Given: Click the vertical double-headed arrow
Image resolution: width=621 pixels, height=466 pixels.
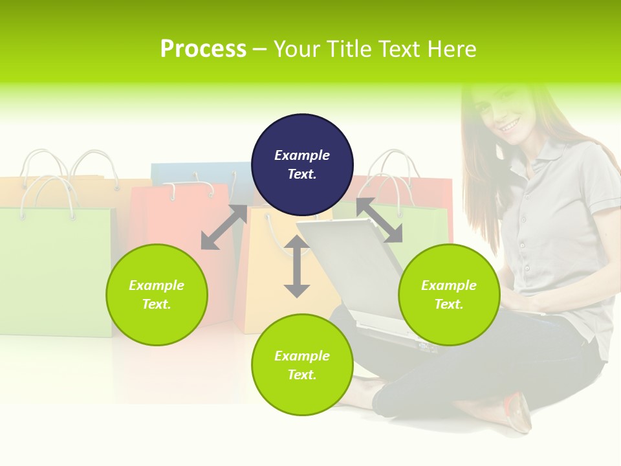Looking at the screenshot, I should (x=297, y=266).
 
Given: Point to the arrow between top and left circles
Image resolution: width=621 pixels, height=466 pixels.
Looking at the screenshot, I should (x=224, y=227).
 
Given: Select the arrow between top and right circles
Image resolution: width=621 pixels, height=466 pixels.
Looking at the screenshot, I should (x=379, y=220).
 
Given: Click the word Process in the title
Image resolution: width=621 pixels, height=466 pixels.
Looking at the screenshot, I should (x=203, y=49).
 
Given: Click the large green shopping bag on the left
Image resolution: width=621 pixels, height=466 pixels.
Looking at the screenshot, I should (x=55, y=272).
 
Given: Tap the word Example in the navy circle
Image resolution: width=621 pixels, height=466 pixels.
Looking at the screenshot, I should (x=302, y=155).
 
